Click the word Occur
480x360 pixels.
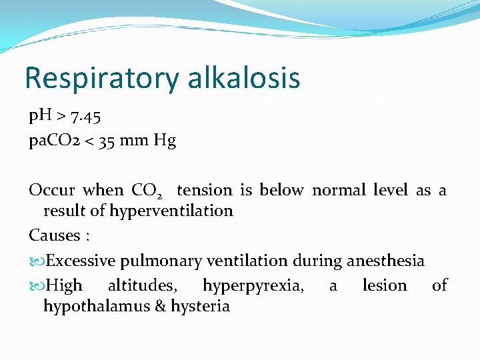pos(52,190)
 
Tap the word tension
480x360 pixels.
pos(204,190)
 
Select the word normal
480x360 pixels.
pos(339,190)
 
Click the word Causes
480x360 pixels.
pos(53,235)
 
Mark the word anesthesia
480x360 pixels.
pos(385,261)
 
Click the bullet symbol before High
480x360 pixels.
pos(36,286)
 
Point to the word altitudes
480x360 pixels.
pos(142,286)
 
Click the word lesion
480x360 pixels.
pos(384,286)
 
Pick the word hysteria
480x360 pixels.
pos(201,307)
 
